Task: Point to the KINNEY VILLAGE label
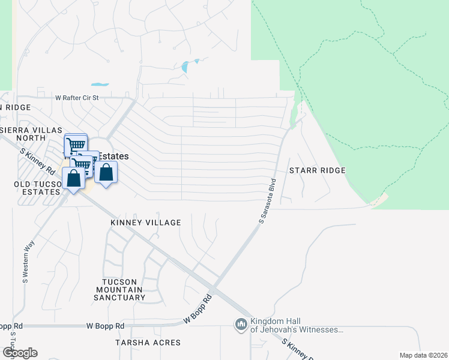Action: click(146, 223)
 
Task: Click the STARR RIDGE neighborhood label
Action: click(318, 170)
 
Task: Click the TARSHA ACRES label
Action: click(148, 343)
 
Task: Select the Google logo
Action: click(19, 352)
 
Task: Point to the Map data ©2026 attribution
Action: click(423, 355)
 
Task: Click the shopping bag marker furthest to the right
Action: click(106, 173)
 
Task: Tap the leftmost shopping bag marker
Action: click(73, 178)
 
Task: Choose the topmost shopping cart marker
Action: click(75, 145)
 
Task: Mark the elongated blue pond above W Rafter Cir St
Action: click(100, 85)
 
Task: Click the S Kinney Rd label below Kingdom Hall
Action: click(298, 349)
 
